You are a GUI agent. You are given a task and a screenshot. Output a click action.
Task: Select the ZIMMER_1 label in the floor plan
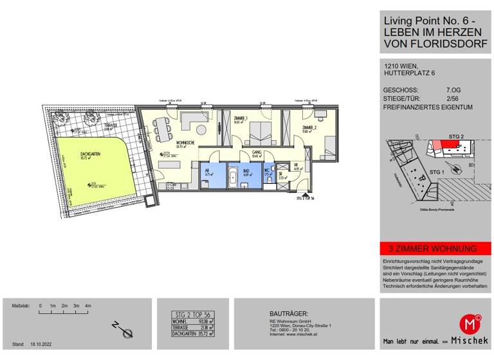[x=241, y=121]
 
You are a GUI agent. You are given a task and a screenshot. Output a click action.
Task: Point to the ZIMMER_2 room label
[x=302, y=127]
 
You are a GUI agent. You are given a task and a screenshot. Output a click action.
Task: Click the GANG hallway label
[x=256, y=152]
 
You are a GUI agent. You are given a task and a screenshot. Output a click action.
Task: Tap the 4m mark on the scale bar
[x=89, y=306]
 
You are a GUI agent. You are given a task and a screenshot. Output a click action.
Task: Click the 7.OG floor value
[x=454, y=90]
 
